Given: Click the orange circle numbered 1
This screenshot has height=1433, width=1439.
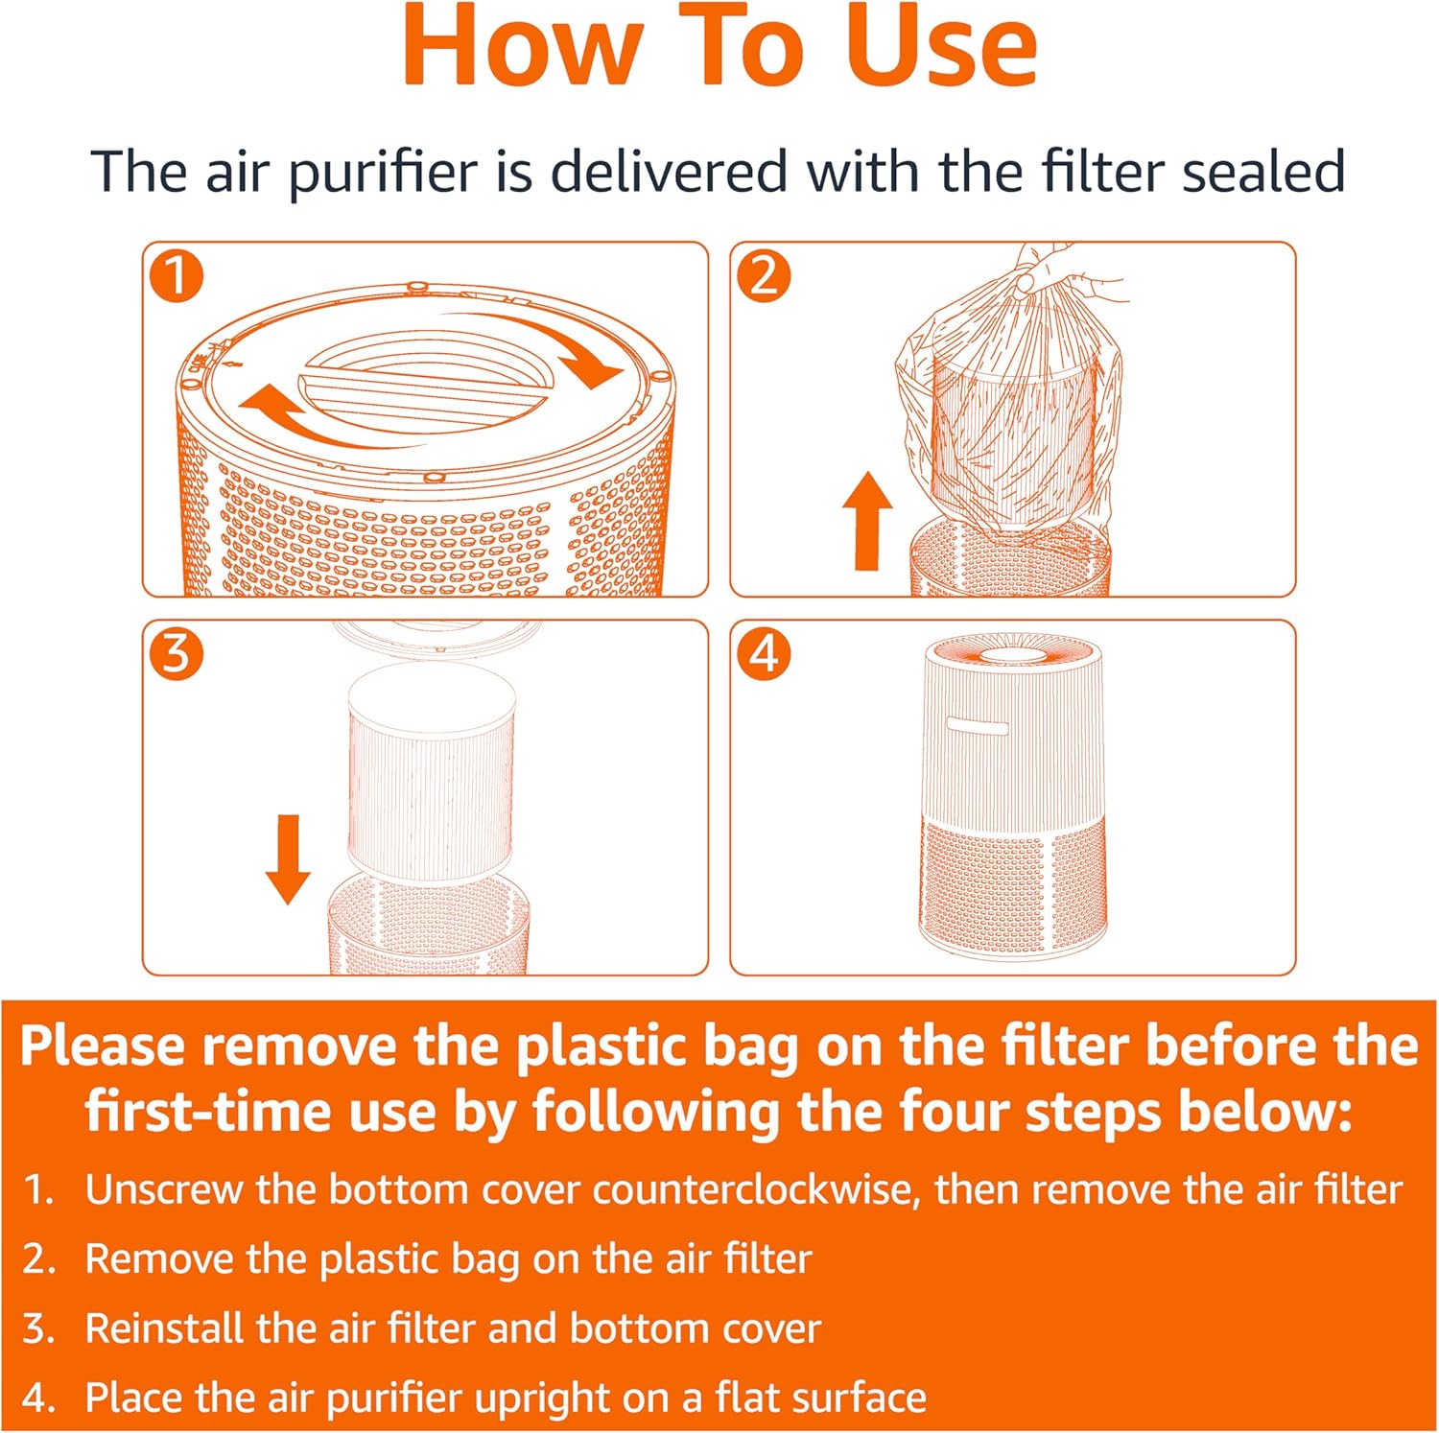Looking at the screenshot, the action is pos(177,277).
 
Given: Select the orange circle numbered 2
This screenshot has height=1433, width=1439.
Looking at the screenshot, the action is pos(764,277).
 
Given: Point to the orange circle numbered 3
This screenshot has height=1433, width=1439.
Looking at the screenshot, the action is pos(177,655).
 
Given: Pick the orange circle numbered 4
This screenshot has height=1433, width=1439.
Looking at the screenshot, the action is pos(764,655).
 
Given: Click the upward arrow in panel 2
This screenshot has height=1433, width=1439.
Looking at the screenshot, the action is pos(867,520).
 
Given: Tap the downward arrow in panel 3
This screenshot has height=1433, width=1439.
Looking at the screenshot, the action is pos(288,859).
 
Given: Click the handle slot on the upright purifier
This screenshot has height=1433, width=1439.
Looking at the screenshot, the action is pos(978,726).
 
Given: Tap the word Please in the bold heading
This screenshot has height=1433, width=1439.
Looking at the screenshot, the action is pos(102,1045).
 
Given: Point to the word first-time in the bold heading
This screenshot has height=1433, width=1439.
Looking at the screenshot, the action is pos(210,1112).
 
